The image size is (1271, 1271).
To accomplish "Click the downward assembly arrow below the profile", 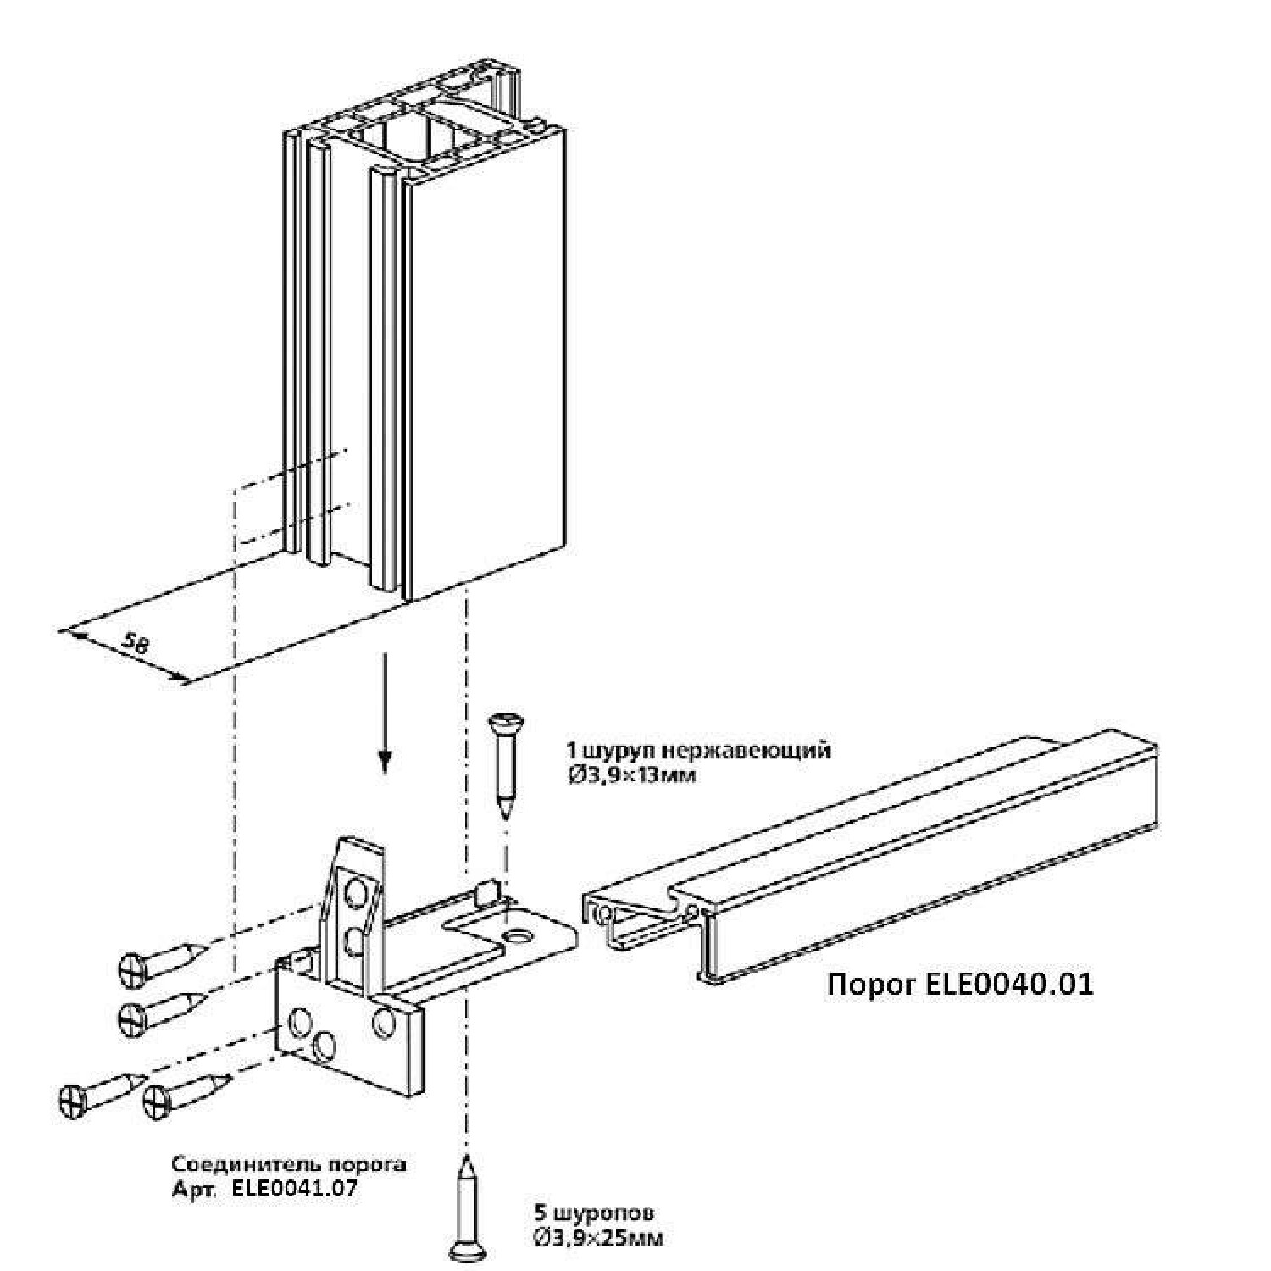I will [386, 712].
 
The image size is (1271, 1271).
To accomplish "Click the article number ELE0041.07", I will [293, 1188].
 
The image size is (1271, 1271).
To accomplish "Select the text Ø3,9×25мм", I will [598, 1238].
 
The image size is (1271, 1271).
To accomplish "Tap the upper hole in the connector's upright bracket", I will [356, 891].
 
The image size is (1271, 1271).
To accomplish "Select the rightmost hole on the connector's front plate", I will [384, 1024].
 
